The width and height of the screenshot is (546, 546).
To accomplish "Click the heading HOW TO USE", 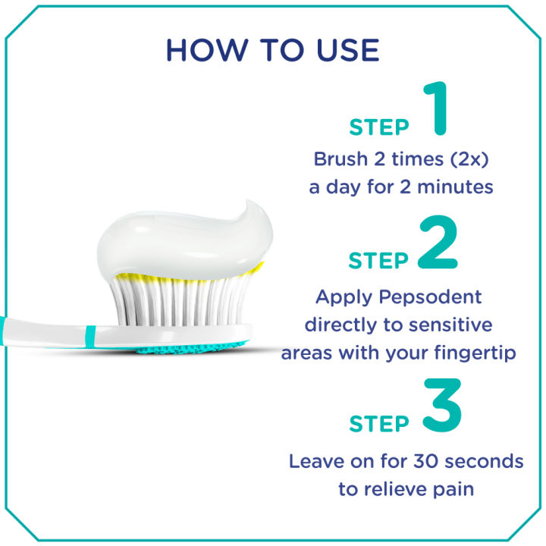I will click(272, 50).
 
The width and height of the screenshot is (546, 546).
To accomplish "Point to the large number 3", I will click(438, 407).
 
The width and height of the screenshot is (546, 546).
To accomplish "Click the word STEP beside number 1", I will click(379, 127).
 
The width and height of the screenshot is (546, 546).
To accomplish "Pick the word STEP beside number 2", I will click(378, 261).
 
